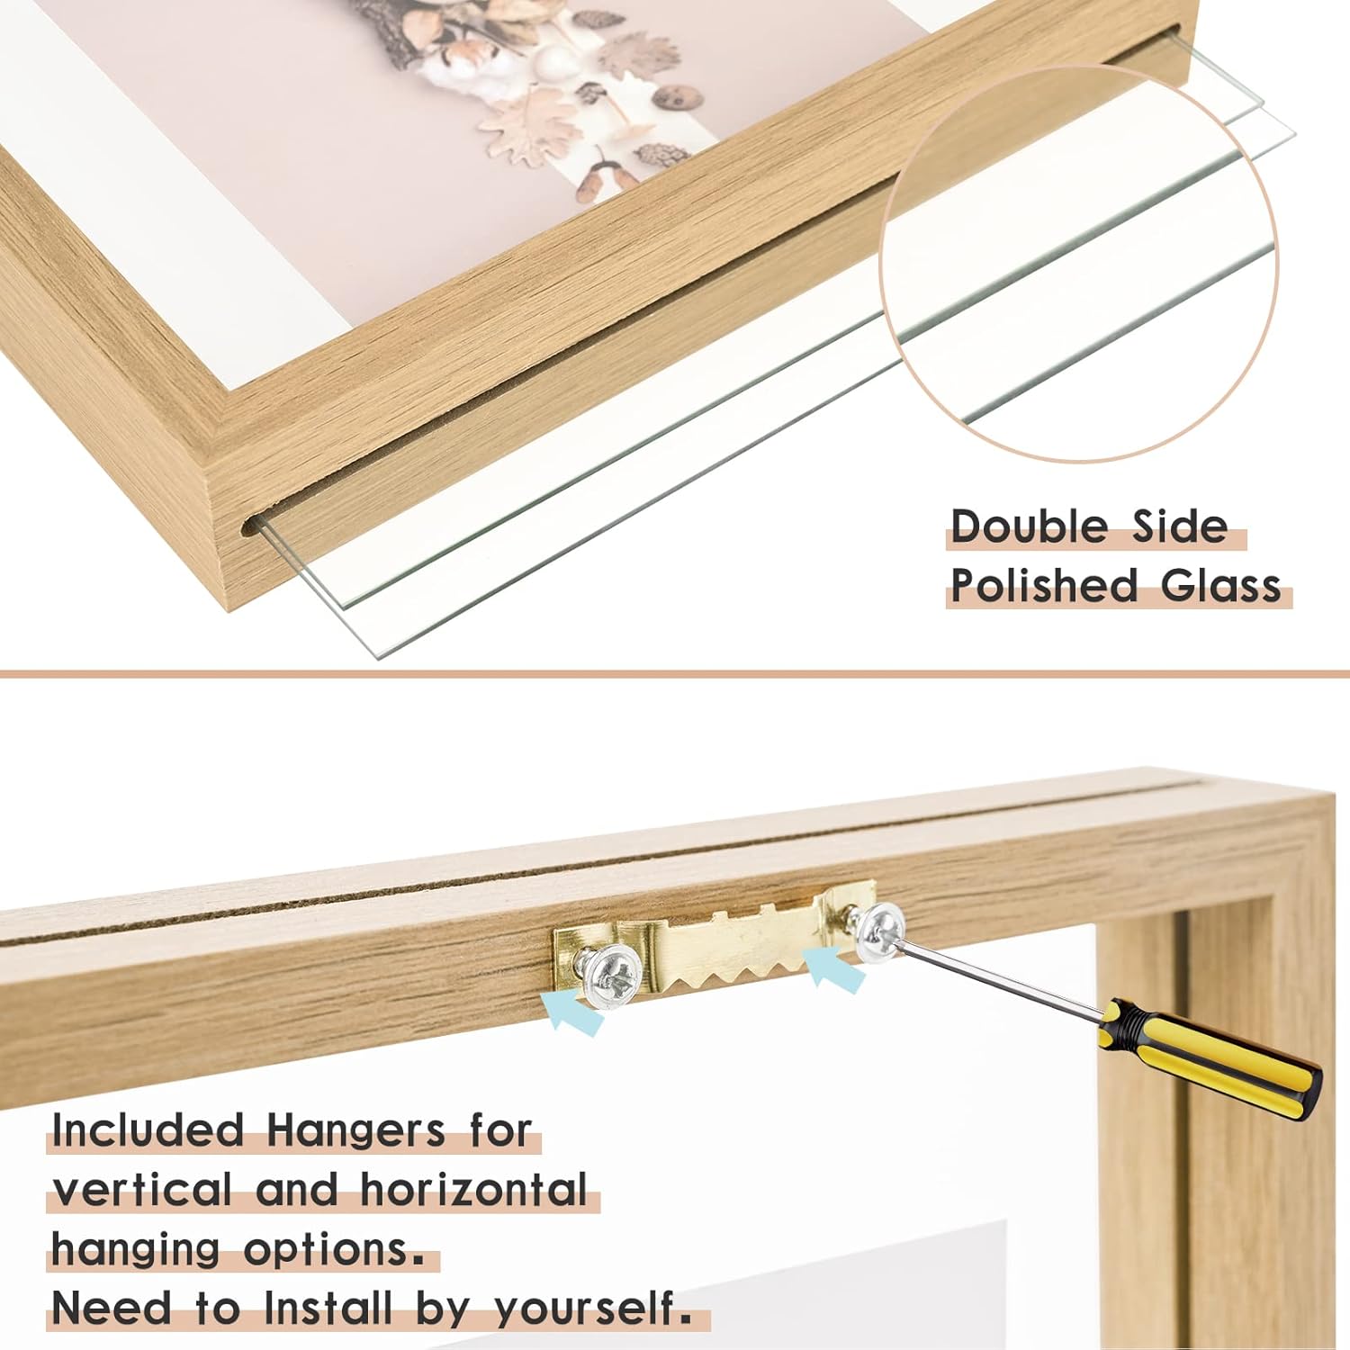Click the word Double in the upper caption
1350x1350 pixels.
tap(1029, 526)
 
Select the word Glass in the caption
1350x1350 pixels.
tap(1219, 587)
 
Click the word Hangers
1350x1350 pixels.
tap(355, 1130)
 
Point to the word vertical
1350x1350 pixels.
tap(142, 1190)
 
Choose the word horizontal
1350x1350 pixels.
tap(474, 1190)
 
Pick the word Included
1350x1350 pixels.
tap(148, 1130)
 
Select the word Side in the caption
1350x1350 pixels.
tap(1179, 526)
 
